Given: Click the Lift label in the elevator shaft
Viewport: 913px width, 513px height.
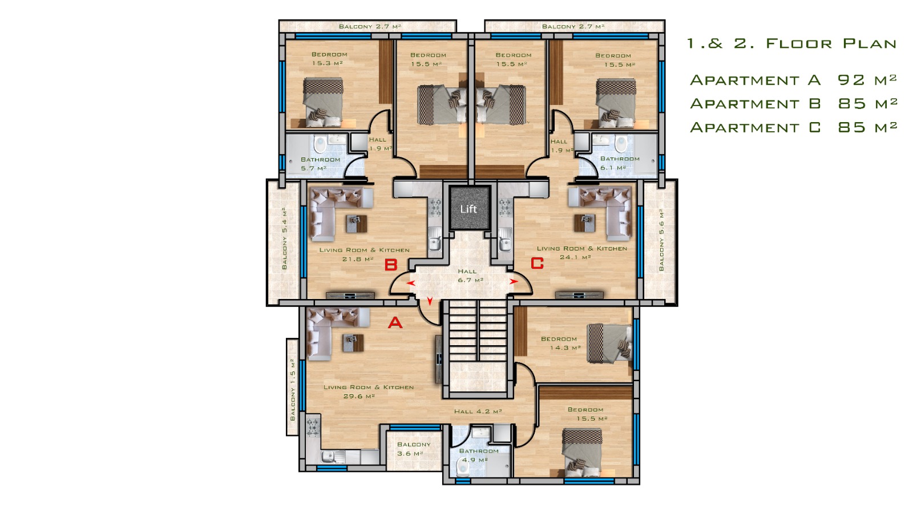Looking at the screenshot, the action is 468,209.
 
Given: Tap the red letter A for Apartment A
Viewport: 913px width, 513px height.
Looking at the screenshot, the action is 395,323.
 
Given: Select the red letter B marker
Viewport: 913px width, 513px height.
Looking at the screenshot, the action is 391,265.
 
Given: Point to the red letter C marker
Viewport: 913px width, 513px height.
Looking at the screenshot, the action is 537,263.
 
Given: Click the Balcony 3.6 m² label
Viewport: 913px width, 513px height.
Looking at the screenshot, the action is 413,449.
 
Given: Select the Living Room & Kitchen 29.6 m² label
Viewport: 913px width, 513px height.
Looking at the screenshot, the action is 368,391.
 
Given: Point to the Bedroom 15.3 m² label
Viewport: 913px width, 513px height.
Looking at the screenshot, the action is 329,59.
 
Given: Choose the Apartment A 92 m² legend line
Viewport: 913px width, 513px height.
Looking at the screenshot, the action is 793,80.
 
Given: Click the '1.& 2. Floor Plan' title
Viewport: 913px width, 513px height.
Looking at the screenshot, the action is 791,43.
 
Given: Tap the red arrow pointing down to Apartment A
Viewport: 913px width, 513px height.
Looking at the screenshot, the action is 430,301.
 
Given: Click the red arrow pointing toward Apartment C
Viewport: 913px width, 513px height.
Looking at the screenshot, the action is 514,281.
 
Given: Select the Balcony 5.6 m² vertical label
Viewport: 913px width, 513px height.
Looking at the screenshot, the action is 661,240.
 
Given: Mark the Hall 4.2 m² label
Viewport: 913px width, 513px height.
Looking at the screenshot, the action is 478,411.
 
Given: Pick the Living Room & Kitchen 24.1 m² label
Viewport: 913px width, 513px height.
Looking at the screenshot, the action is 581,253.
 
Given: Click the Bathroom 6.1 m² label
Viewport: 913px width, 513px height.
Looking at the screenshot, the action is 620,163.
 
